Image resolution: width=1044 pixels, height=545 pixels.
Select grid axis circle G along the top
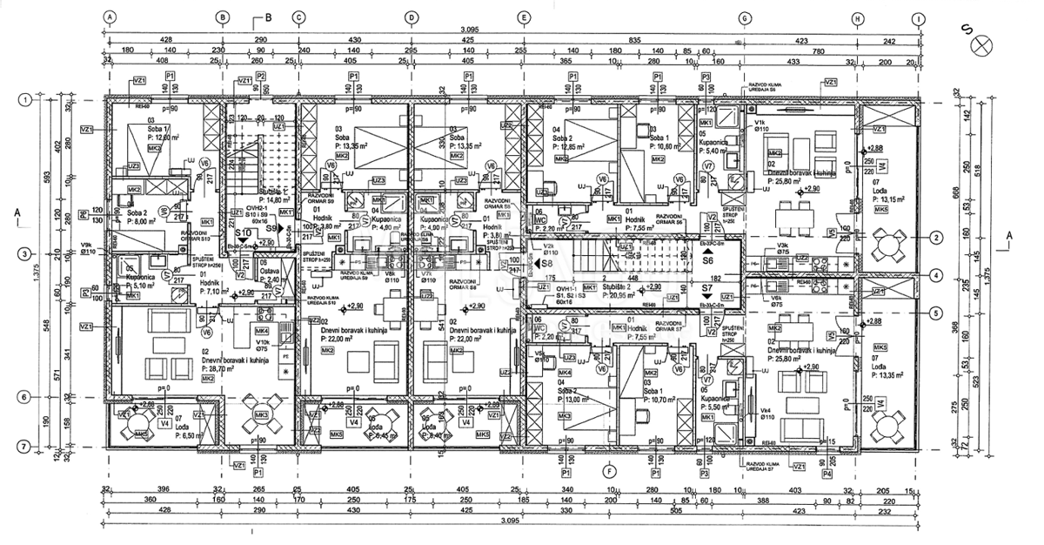coord(744,17)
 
